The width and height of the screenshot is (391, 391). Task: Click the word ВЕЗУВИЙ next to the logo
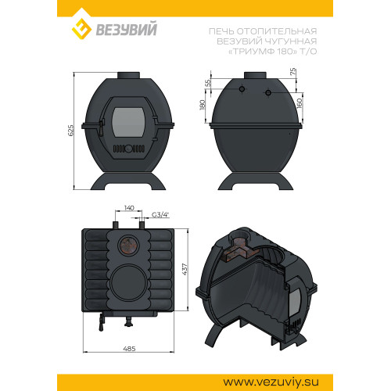click(127, 29)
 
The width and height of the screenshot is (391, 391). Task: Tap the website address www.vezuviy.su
click(271, 382)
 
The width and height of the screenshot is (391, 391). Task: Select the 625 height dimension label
click(70, 131)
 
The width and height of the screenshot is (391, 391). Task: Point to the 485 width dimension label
click(129, 349)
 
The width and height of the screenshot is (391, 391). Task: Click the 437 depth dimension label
click(185, 269)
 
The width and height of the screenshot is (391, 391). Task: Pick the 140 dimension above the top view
click(129, 208)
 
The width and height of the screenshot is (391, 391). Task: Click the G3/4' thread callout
click(160, 215)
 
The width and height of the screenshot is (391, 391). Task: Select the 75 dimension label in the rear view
click(293, 72)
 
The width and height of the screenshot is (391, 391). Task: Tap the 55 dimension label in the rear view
click(208, 83)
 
